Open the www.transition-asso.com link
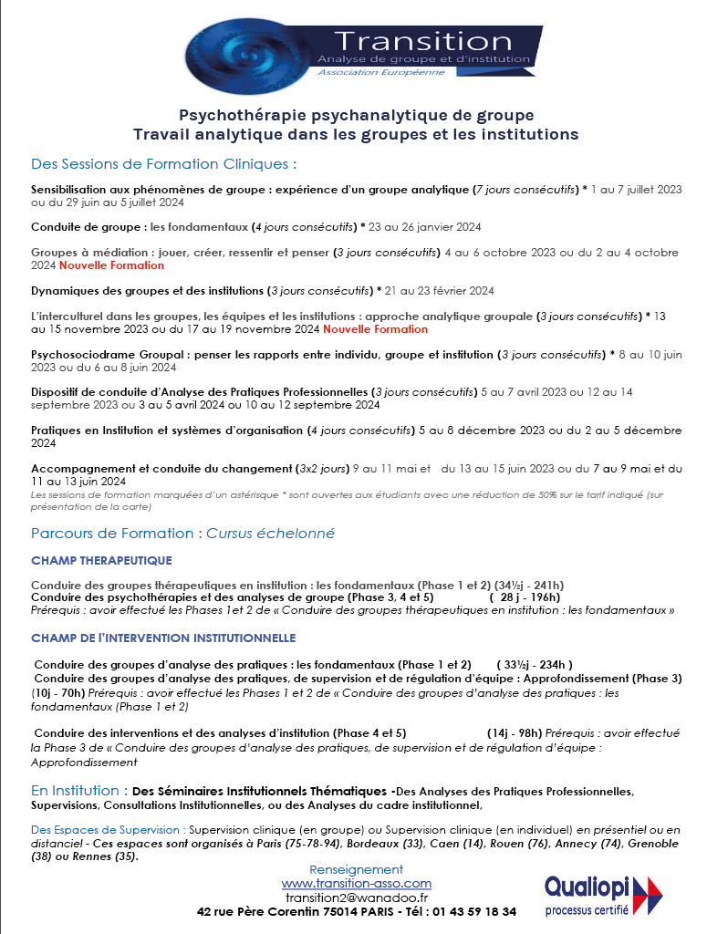356,884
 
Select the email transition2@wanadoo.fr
356,898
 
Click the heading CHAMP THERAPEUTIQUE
101,560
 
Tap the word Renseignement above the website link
356,869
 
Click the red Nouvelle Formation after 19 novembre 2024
375,329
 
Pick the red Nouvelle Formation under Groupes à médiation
111,265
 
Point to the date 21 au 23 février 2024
440,291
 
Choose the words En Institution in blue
79,790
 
